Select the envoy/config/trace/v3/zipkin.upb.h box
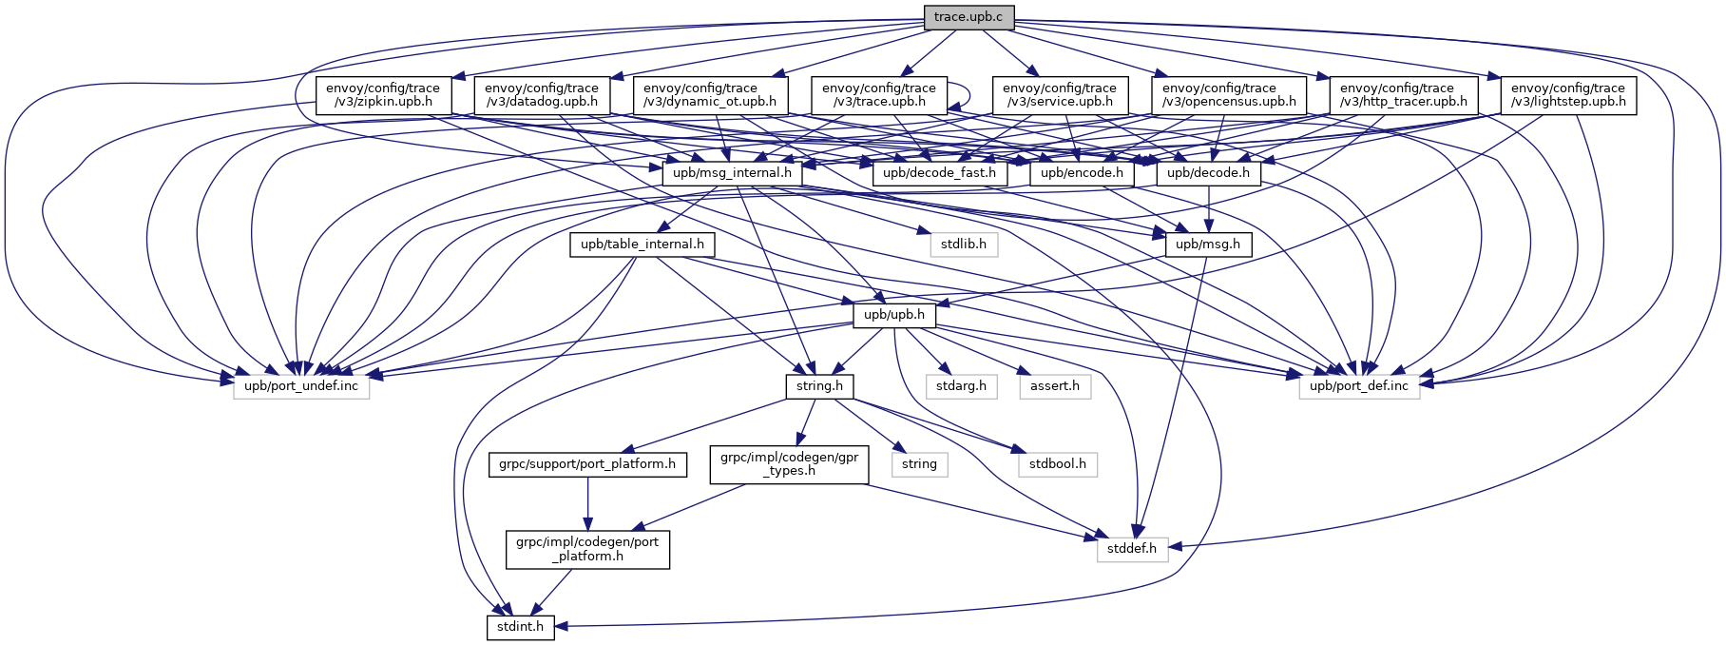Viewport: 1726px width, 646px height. click(x=377, y=95)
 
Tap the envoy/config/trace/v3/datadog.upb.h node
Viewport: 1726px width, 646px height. click(x=542, y=95)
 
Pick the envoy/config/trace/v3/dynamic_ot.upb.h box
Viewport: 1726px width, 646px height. click(x=710, y=95)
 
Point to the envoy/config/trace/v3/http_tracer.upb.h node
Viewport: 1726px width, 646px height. click(x=1403, y=95)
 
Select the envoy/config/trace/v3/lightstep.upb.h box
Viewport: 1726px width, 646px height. click(x=1568, y=95)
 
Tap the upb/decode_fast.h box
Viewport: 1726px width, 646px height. click(x=939, y=173)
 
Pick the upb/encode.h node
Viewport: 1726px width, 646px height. click(x=1082, y=173)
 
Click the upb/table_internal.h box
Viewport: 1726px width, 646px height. click(x=642, y=245)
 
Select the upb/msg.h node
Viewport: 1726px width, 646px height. click(x=1208, y=245)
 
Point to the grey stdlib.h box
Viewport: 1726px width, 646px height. click(x=964, y=245)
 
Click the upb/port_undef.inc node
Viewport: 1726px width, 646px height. click(x=301, y=386)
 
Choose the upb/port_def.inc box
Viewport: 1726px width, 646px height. click(x=1359, y=386)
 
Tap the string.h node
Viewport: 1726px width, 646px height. click(x=819, y=386)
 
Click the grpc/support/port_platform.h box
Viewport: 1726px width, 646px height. click(x=587, y=464)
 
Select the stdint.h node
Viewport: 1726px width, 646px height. click(x=520, y=627)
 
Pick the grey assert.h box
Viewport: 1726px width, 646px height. click(x=1055, y=386)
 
